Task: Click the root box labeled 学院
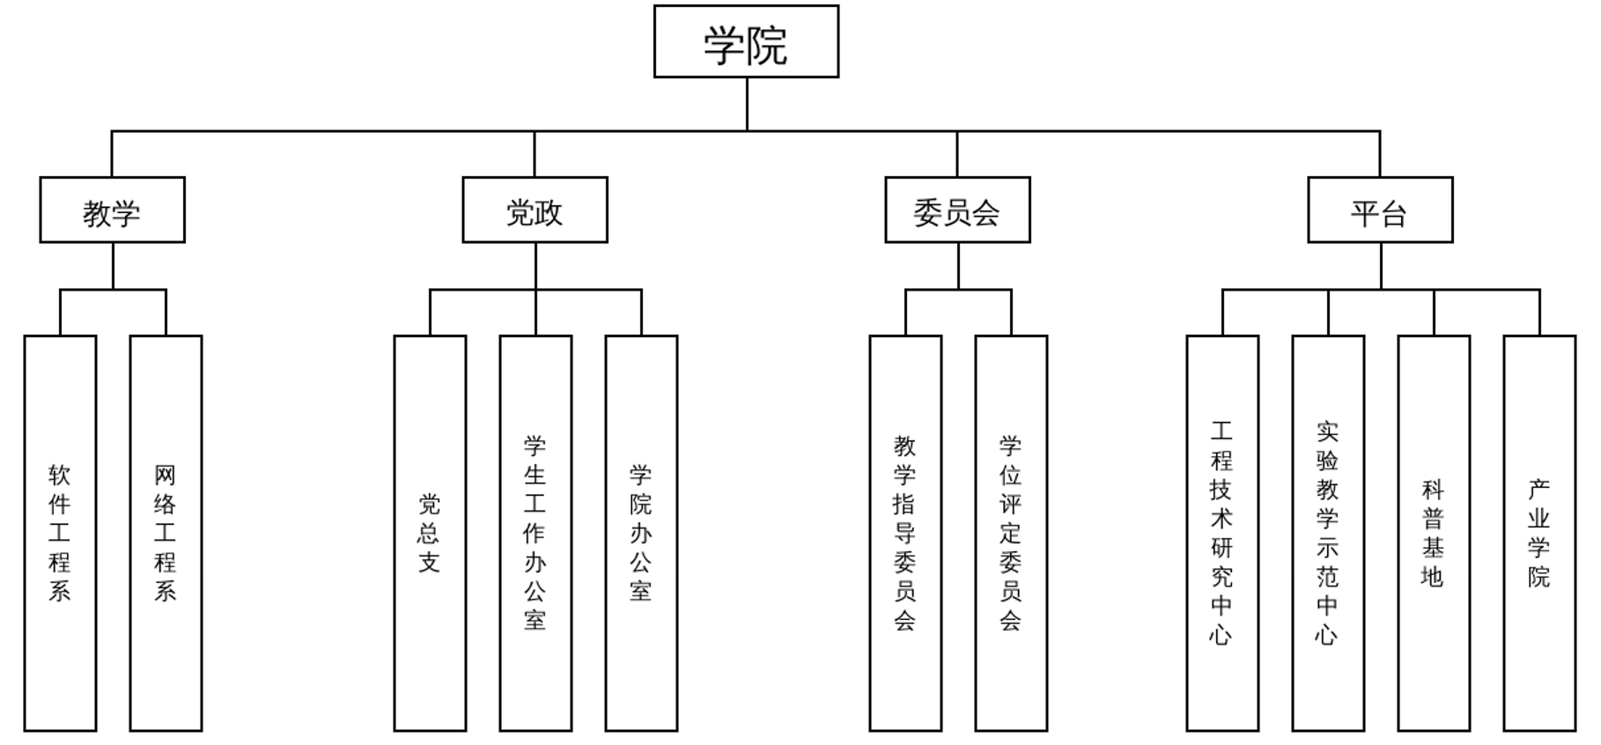coord(746,42)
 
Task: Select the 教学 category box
coord(112,210)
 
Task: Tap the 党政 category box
coord(535,210)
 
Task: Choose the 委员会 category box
coord(957,210)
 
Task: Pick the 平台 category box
coord(1380,210)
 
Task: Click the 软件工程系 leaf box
coord(60,533)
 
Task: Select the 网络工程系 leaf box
coord(166,533)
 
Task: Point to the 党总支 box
coord(430,533)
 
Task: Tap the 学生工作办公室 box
coord(535,533)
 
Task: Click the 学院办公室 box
coord(641,533)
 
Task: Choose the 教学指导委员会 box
coord(905,533)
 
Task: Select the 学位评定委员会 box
coord(1011,533)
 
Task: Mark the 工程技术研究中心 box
coord(1222,533)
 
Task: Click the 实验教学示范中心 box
coord(1328,533)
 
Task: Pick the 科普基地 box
coord(1434,533)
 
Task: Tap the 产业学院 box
coord(1539,533)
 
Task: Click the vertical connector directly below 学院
coord(747,104)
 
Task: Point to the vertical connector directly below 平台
coord(1381,266)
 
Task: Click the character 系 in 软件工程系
coord(60,590)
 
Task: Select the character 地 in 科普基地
coord(1434,576)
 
